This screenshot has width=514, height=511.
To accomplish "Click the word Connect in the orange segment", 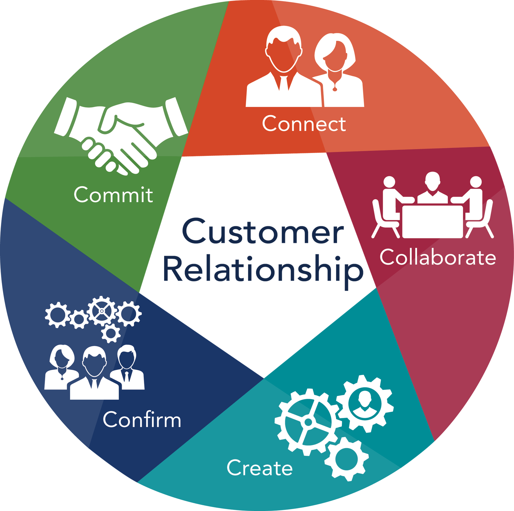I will pos(304,124).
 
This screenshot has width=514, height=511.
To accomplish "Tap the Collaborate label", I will pos(438,257).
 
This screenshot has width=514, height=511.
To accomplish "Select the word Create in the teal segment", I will pos(260,468).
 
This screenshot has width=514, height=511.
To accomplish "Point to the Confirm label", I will pos(142,420).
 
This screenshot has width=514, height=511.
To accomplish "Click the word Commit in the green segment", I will pos(113,195).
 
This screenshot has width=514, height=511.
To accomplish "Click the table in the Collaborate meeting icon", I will pos(432,221).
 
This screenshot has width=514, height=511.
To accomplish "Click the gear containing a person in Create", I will pos(365,403).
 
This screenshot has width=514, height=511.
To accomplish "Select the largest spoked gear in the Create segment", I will pos(307,422).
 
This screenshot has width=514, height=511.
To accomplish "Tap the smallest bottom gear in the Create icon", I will pos(346,459).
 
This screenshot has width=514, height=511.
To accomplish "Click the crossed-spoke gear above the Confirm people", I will pos(102,311).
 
